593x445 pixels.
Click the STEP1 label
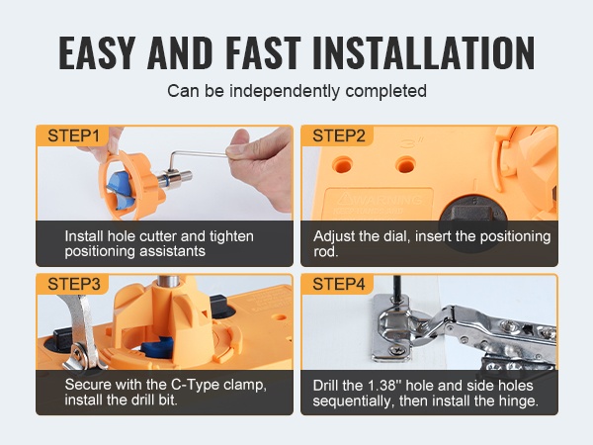[x=73, y=135]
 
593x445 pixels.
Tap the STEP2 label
[x=339, y=135]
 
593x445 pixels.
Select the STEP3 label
[x=74, y=284]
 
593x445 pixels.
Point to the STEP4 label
[x=339, y=284]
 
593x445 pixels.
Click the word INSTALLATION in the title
[x=424, y=53]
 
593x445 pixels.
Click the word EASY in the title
[x=97, y=53]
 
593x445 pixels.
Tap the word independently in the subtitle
[x=285, y=91]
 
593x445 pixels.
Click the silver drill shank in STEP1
[x=175, y=179]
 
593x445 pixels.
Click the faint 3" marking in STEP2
[x=411, y=143]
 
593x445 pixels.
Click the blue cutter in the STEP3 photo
[x=158, y=347]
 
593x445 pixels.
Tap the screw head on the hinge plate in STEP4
[x=398, y=351]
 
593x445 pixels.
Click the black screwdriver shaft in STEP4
[x=396, y=290]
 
